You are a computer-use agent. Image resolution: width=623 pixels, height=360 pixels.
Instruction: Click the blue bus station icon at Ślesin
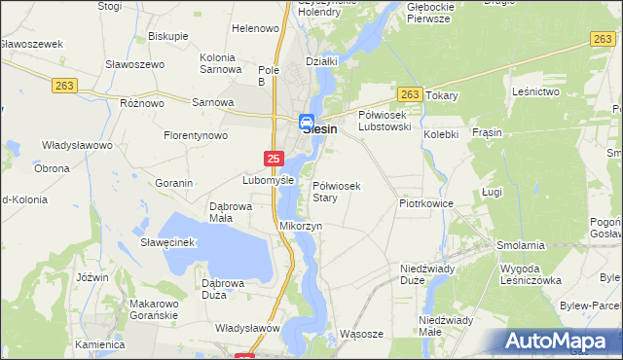click(306, 121)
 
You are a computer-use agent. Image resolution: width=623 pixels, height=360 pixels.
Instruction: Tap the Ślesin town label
click(320, 127)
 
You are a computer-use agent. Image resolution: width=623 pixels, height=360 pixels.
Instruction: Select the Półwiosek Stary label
click(337, 192)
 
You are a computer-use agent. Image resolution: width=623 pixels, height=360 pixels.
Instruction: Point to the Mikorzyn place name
click(301, 226)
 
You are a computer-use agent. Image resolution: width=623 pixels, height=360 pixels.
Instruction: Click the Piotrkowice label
click(426, 204)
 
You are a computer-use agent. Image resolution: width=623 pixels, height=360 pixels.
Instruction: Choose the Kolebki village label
click(440, 134)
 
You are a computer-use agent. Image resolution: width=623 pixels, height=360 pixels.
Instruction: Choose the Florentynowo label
click(195, 135)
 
